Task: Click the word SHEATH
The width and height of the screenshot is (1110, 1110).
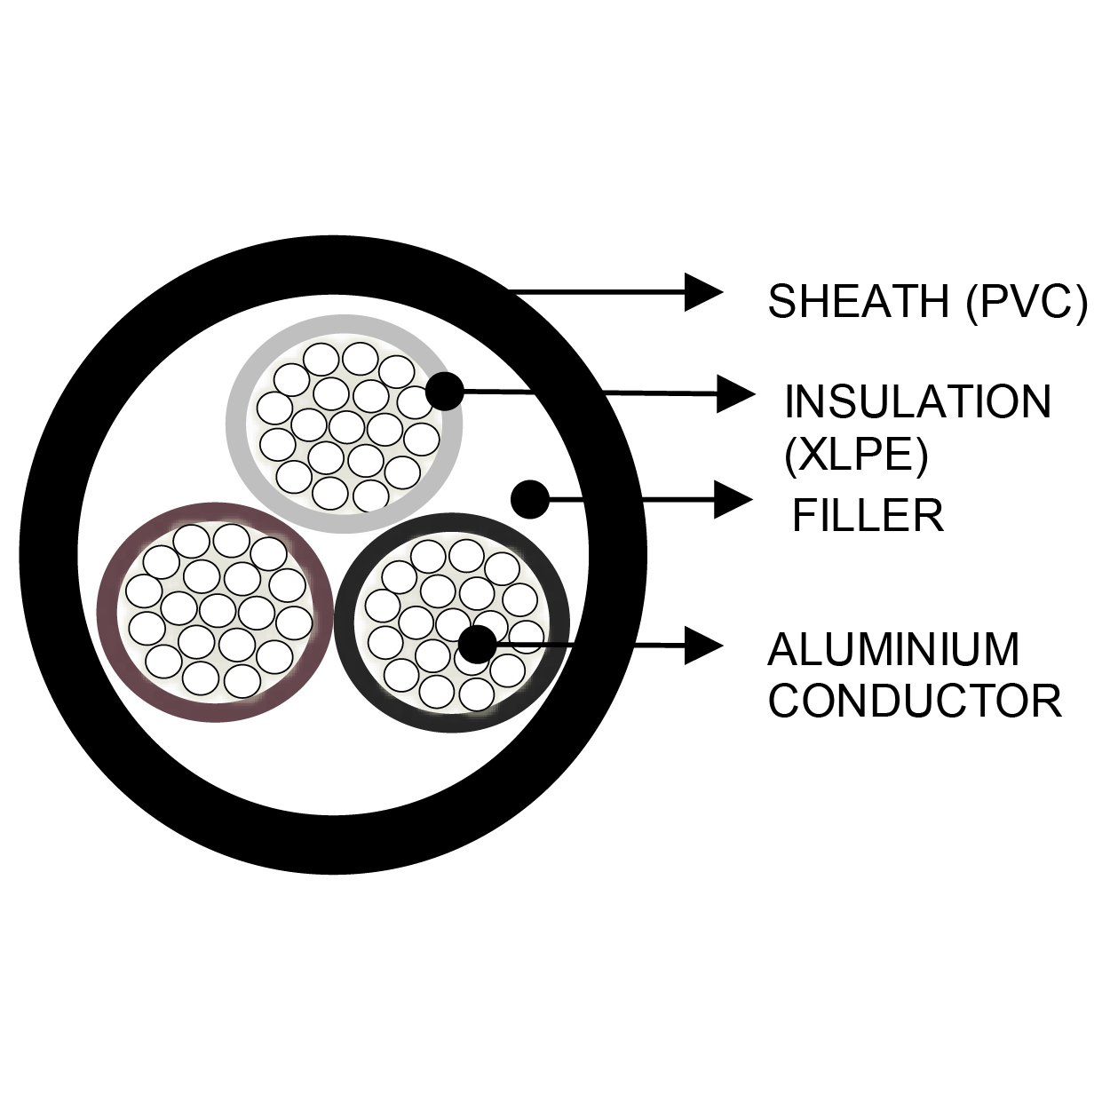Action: (859, 301)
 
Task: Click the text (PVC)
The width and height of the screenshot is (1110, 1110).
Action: (1026, 301)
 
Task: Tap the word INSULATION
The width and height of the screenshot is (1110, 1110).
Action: (917, 402)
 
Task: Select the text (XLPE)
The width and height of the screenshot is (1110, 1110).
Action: (855, 456)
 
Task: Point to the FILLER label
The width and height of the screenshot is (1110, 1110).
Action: (868, 515)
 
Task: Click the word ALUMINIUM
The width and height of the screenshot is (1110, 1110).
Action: (893, 649)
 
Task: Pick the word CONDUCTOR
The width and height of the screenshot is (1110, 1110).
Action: (915, 701)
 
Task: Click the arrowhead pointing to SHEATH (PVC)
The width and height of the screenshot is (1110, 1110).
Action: (703, 292)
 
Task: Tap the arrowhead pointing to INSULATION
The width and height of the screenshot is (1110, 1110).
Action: (734, 393)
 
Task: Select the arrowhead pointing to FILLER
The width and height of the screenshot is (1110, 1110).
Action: (733, 500)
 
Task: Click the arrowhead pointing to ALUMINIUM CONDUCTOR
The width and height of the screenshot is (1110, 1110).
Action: (703, 645)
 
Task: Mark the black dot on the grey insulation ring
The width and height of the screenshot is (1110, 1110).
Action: (445, 391)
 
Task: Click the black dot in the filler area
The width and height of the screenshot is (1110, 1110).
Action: (531, 499)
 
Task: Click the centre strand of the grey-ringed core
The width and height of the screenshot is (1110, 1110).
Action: (345, 425)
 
